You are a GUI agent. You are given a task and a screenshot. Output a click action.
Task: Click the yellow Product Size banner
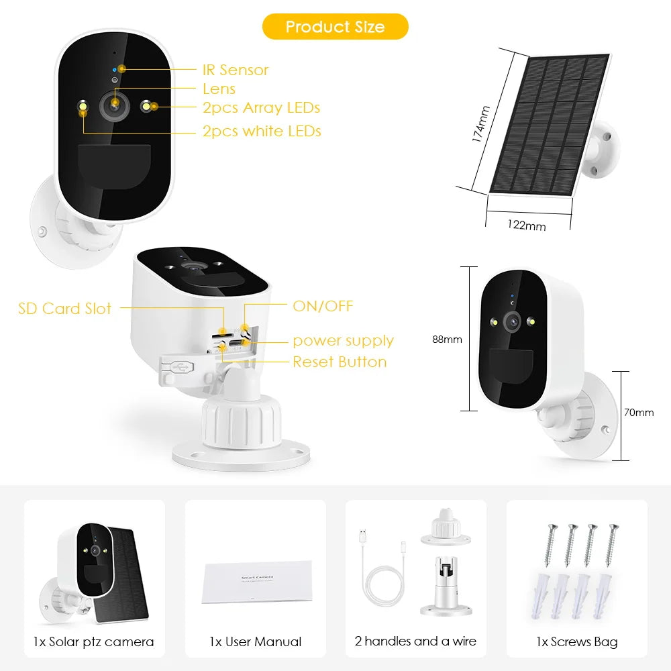[x=335, y=27]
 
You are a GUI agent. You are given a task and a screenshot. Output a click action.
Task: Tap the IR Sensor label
[x=236, y=70]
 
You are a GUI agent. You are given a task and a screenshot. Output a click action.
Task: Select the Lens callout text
[x=219, y=89]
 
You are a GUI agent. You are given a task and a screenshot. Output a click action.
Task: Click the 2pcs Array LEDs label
[x=261, y=107]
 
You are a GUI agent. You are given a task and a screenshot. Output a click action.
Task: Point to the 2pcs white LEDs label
[x=262, y=131]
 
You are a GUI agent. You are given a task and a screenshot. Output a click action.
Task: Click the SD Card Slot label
[x=64, y=309]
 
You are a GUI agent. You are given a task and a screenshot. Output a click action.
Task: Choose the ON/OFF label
[x=323, y=307]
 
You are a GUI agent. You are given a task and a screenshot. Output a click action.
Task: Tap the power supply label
[x=343, y=341]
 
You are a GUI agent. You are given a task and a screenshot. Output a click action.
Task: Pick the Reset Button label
[x=340, y=362]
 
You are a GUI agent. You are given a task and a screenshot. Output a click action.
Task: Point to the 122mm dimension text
[x=527, y=225]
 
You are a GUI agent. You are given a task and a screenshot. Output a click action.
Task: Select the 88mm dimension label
[x=447, y=340]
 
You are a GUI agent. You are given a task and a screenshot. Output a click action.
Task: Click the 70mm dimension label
[x=638, y=413]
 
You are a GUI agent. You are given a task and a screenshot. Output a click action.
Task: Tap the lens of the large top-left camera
[x=115, y=105]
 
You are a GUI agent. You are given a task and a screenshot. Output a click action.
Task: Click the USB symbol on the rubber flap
[x=181, y=366]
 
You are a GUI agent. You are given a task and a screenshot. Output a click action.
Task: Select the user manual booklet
[x=257, y=581]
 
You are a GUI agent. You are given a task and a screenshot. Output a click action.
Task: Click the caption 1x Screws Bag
[x=576, y=642]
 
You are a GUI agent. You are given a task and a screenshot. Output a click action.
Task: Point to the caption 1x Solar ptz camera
[x=93, y=642]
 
